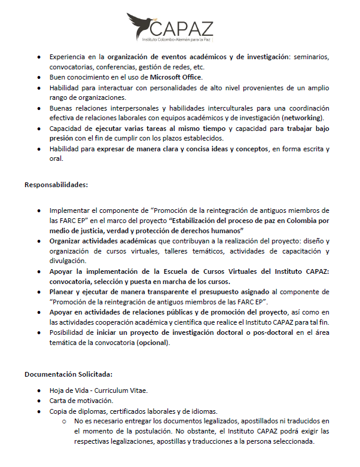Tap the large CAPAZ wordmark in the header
pyautogui.click(x=185, y=28)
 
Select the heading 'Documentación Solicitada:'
pyautogui.click(x=68, y=374)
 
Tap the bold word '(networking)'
pyautogui.click(x=302, y=118)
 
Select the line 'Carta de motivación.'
pyautogui.click(x=81, y=401)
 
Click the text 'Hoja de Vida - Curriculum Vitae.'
pyautogui.click(x=99, y=390)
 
